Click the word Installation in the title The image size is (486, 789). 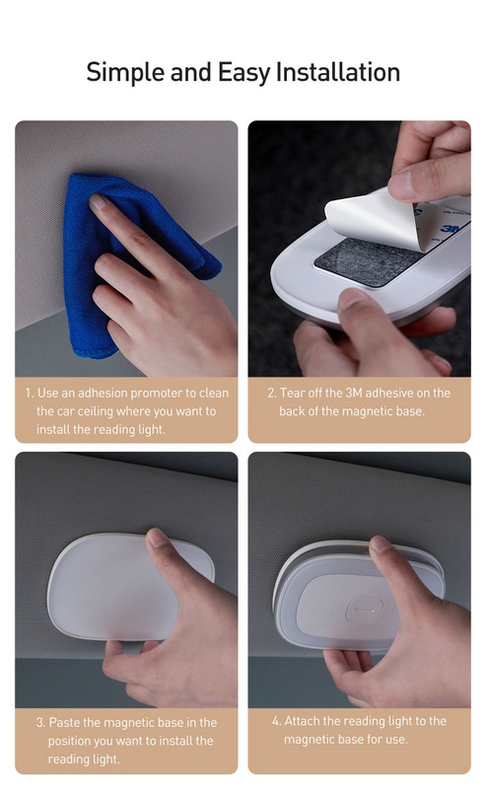click(338, 72)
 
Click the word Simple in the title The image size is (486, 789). click(126, 73)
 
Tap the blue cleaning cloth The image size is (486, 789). click(126, 261)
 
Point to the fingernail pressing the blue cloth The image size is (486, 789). click(97, 202)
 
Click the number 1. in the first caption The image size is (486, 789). click(30, 393)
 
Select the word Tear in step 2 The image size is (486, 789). click(293, 393)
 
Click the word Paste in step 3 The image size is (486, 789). click(64, 723)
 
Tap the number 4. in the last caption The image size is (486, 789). click(277, 721)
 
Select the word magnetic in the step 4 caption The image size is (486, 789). click(306, 740)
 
